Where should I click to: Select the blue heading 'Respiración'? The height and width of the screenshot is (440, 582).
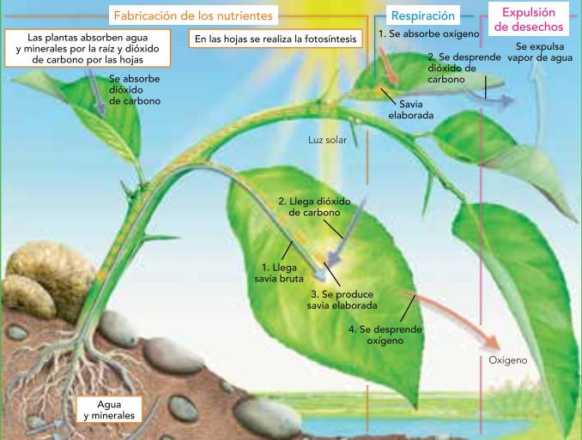[x=422, y=15]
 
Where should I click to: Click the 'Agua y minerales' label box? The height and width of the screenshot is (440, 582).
[x=109, y=410]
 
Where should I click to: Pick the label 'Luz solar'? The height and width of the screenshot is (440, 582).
[x=327, y=138]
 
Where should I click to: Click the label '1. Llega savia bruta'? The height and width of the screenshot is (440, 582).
[x=276, y=273]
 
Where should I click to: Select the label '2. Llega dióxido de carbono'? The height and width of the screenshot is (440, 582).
[x=309, y=207]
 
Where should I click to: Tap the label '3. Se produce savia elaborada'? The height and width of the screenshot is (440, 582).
[x=341, y=300]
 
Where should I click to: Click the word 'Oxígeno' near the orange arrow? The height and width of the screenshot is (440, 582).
[x=508, y=361]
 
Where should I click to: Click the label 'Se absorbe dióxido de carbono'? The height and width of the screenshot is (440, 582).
[x=135, y=89]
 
